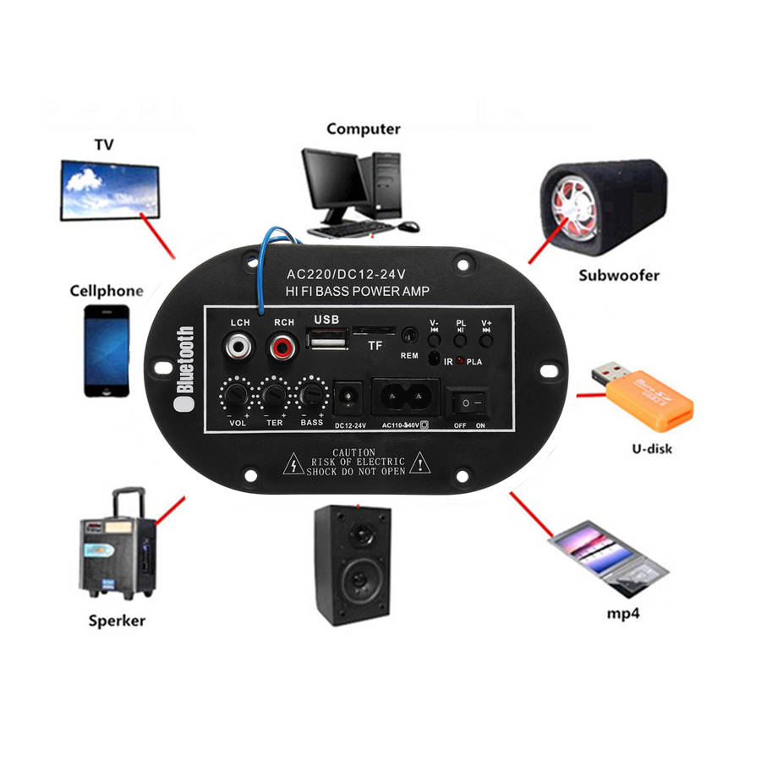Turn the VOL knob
click(x=236, y=395)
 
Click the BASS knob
click(x=312, y=395)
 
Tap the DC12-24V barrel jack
click(x=348, y=397)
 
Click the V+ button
click(x=486, y=341)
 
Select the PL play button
click(x=460, y=341)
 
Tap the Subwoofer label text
click(x=619, y=275)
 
